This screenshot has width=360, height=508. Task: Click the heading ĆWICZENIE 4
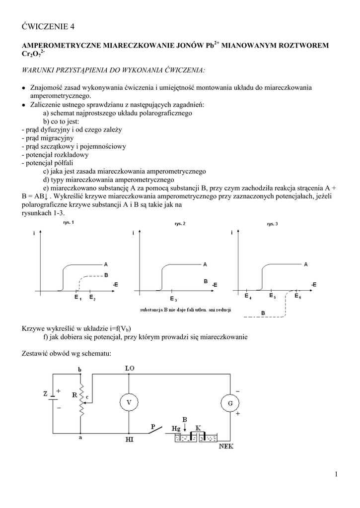pyautogui.click(x=51, y=26)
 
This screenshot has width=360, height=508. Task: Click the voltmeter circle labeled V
pyautogui.click(x=130, y=403)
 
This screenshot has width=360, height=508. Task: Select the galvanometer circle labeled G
pyautogui.click(x=230, y=403)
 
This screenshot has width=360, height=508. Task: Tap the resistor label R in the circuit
pyautogui.click(x=74, y=396)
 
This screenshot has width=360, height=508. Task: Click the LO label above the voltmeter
pyautogui.click(x=130, y=368)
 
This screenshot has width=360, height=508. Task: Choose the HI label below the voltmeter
pyautogui.click(x=130, y=439)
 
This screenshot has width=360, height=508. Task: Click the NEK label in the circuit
pyautogui.click(x=226, y=446)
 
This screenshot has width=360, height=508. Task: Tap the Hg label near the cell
pyautogui.click(x=176, y=428)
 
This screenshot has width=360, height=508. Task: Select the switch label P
pyautogui.click(x=153, y=426)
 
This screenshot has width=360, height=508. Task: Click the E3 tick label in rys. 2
pyautogui.click(x=173, y=300)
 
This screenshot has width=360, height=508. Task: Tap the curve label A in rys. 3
pyautogui.click(x=306, y=264)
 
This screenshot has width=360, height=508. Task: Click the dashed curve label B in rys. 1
pyautogui.click(x=106, y=275)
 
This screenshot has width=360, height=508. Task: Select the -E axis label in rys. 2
pyautogui.click(x=215, y=285)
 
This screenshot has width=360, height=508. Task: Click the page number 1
pyautogui.click(x=336, y=475)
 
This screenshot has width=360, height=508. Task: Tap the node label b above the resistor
pyautogui.click(x=80, y=369)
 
